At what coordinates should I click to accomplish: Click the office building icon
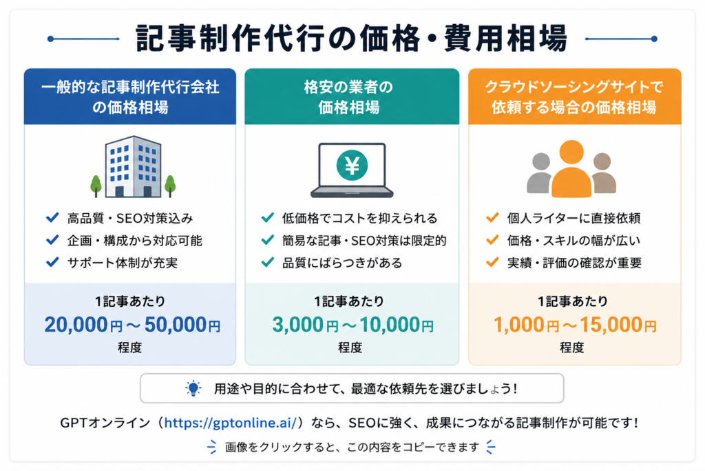pos(133,167)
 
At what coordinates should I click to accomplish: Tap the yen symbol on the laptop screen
pos(352,166)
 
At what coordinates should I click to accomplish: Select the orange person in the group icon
pos(571,169)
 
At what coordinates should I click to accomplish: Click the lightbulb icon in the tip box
pos(193,388)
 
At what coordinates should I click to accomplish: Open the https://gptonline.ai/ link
pos(230,423)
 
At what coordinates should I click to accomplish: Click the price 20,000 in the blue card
pos(76,325)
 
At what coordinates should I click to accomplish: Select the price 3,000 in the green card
pos(298,325)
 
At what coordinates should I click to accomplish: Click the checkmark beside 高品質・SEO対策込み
pos(52,218)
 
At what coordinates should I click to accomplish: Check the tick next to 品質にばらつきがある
pos(268,262)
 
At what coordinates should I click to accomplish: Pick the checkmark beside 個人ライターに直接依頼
pos(492,218)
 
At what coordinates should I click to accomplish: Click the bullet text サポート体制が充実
pos(123,263)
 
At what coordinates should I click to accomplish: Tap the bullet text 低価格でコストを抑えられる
pos(359,219)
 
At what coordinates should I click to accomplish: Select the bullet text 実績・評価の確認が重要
pos(574,263)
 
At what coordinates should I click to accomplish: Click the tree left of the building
pos(96,186)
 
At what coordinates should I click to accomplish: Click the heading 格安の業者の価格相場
pos(348,97)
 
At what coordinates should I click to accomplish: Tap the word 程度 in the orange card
pos(572,348)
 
